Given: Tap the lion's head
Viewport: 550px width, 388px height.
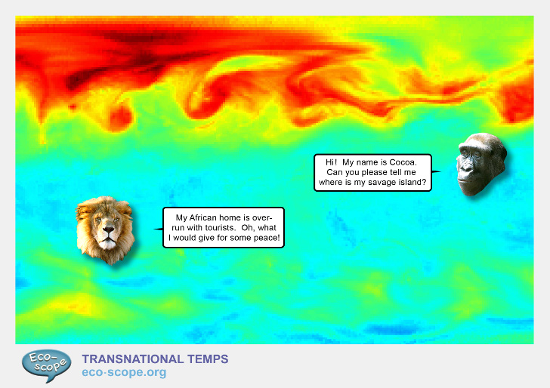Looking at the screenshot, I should (105, 229).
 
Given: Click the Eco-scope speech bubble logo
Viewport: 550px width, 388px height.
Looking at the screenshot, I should (47, 365).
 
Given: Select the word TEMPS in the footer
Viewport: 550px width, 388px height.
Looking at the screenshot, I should (208, 359).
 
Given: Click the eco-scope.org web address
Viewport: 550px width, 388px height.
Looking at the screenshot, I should (123, 372).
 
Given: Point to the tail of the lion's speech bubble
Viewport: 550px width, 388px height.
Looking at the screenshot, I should (157, 229).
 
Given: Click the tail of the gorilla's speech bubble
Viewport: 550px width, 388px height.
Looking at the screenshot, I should (437, 171).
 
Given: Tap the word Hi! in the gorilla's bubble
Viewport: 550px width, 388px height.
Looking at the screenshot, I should (331, 162).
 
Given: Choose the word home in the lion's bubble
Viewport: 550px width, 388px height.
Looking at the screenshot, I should (245, 217).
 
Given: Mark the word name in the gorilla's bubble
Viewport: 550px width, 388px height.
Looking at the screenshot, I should (373, 162).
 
